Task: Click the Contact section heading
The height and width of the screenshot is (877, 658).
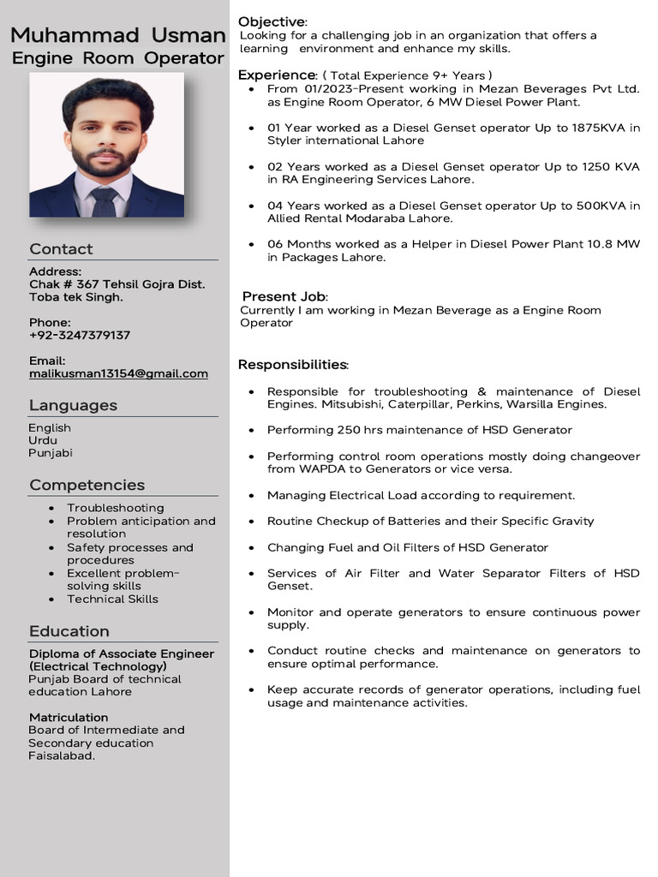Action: (61, 249)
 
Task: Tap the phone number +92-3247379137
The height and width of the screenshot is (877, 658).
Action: (80, 335)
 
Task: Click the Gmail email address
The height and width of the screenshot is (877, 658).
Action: (118, 373)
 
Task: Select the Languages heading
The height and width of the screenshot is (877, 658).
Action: (73, 405)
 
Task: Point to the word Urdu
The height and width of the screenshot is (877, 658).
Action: (44, 440)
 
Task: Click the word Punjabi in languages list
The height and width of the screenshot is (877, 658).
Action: (51, 453)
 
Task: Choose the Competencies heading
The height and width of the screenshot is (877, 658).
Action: (87, 485)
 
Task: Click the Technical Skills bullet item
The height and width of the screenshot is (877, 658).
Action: (112, 599)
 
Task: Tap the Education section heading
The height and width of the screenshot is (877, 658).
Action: (69, 631)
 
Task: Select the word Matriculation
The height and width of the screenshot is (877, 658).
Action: (69, 717)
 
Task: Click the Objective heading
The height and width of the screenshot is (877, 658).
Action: (272, 21)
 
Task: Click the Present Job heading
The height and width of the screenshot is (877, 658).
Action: (284, 296)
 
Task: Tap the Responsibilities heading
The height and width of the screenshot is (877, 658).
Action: (292, 365)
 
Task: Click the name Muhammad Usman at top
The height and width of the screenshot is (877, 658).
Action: (118, 36)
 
